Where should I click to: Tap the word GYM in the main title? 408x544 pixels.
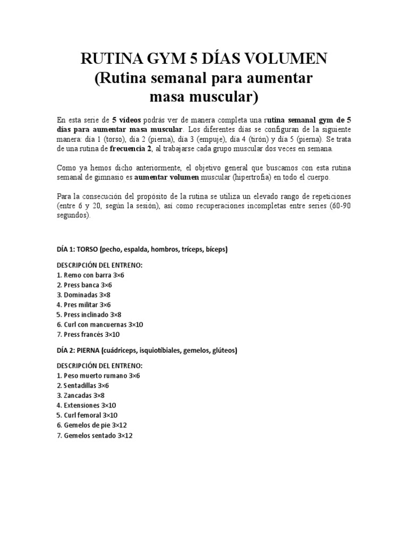tap(150, 59)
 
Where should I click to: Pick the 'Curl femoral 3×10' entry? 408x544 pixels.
tap(87, 415)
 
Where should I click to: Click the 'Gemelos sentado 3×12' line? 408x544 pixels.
tap(94, 436)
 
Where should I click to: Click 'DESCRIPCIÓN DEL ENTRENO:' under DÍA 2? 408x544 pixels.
tap(99, 366)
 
